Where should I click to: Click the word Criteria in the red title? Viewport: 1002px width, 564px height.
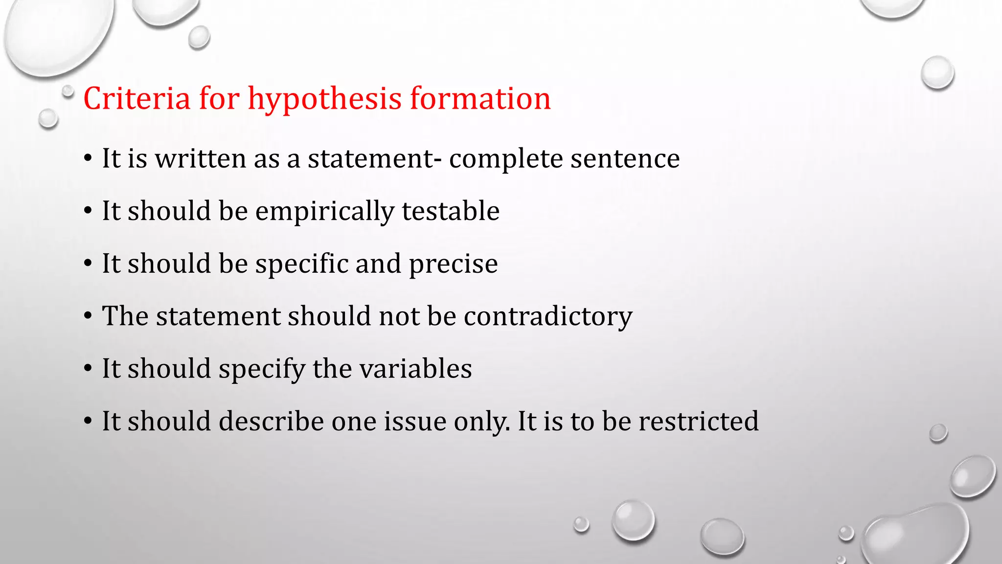pyautogui.click(x=137, y=98)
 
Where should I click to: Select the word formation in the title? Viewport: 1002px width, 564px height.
pyautogui.click(x=480, y=98)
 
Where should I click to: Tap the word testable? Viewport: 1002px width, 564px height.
pyautogui.click(x=451, y=211)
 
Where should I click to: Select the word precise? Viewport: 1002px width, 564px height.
pyautogui.click(x=453, y=264)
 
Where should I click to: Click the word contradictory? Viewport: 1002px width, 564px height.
pyautogui.click(x=548, y=316)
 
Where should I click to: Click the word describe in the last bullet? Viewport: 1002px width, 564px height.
pyautogui.click(x=271, y=421)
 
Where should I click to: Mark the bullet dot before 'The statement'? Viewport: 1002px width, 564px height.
pyautogui.click(x=88, y=316)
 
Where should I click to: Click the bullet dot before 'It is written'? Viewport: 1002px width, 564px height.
pyautogui.click(x=88, y=159)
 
